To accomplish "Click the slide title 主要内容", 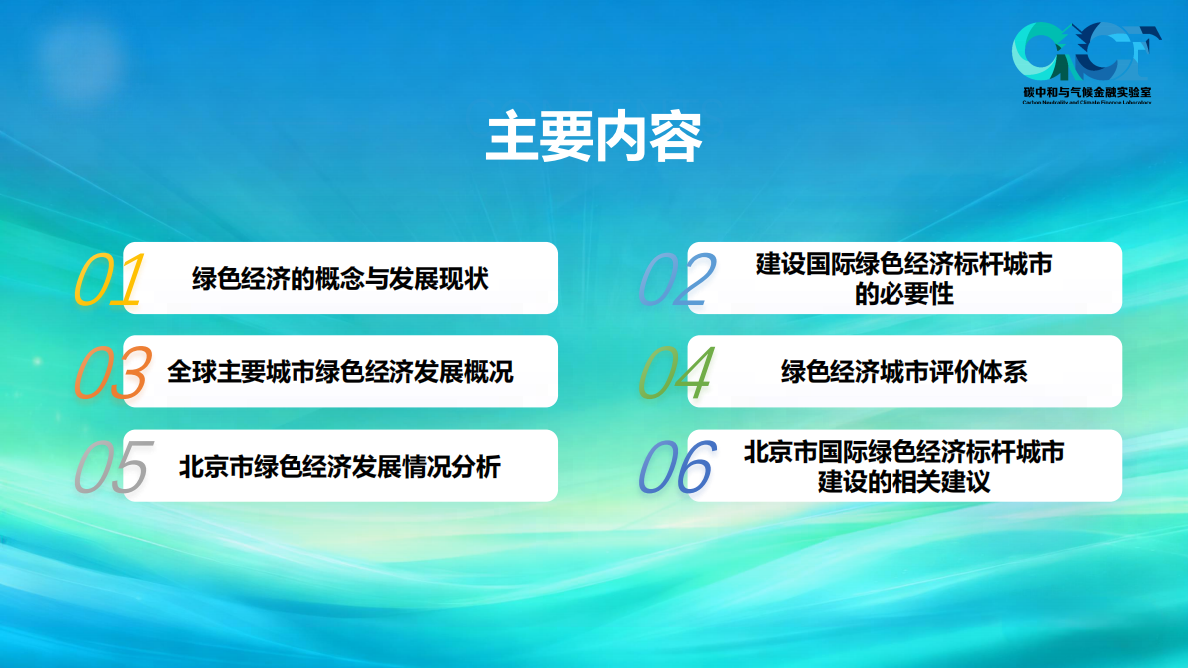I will [x=593, y=138].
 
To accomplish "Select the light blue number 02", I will [x=677, y=281].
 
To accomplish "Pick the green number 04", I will [x=675, y=374].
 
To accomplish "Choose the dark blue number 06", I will [x=677, y=468].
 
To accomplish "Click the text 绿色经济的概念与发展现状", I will [x=340, y=279].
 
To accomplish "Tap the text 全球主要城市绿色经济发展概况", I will [x=340, y=372].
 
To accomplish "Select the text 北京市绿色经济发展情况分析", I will [x=340, y=466].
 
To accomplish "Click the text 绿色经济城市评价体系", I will [x=903, y=372].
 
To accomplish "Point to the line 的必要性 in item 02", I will [x=903, y=294].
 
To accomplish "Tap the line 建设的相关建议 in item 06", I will [x=903, y=482].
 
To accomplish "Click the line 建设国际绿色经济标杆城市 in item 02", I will [x=903, y=265].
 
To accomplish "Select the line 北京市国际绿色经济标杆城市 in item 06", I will [x=903, y=452].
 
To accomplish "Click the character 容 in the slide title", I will [x=675, y=138].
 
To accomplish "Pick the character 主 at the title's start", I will [x=512, y=138].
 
